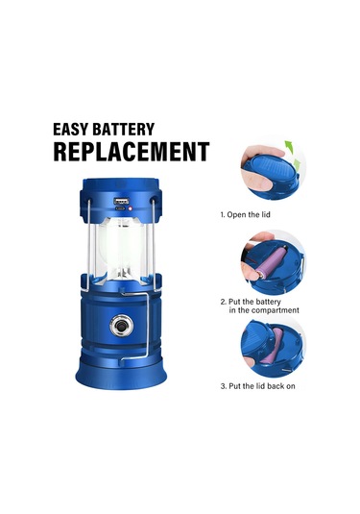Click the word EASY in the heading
coord(74,127)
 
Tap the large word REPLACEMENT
coord(131,151)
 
